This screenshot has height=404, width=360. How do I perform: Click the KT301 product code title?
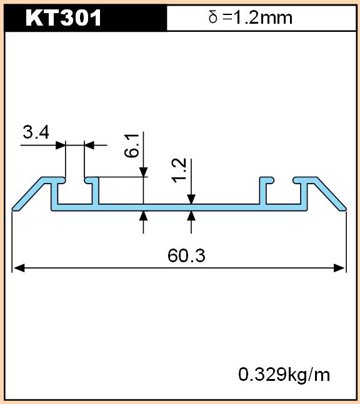tap(63, 17)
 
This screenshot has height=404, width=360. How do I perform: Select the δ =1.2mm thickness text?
tap(251, 17)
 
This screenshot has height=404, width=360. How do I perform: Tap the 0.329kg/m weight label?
tap(284, 375)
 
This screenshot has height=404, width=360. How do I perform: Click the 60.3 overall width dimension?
tap(186, 255)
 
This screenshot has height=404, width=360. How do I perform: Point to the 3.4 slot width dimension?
tap(36, 132)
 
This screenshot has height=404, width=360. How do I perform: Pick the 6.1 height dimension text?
tap(131, 145)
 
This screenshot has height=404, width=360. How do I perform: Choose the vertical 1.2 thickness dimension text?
tap(179, 170)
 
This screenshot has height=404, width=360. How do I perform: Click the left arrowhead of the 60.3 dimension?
tap(19, 268)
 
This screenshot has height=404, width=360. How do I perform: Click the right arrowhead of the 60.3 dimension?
tap(339, 268)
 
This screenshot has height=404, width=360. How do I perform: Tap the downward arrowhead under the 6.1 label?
tap(143, 172)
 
